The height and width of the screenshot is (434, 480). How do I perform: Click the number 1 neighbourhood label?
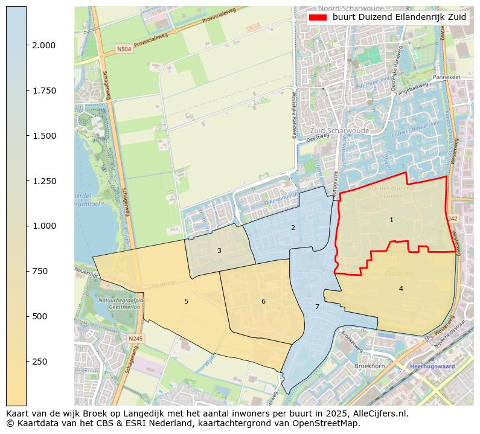click(391, 220)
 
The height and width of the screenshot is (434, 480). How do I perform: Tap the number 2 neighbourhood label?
click(293, 228)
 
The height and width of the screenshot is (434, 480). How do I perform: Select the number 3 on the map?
click(219, 251)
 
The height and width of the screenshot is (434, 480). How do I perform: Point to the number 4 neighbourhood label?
click(401, 289)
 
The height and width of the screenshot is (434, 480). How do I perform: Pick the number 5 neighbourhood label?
click(186, 301)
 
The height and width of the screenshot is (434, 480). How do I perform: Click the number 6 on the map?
click(263, 301)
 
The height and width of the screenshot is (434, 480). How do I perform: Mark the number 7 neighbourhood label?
click(317, 307)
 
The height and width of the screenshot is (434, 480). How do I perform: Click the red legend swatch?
click(318, 18)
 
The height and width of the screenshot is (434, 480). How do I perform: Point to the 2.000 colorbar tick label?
click(44, 45)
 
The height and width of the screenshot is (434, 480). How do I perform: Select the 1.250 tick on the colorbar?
click(44, 181)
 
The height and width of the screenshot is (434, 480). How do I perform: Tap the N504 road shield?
click(124, 49)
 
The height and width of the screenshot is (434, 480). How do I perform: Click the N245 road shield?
click(136, 339)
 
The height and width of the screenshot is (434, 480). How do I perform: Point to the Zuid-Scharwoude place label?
click(331, 130)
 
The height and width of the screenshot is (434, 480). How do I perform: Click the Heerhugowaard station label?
click(432, 366)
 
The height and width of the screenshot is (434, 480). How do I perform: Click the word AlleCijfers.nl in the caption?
click(380, 414)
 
